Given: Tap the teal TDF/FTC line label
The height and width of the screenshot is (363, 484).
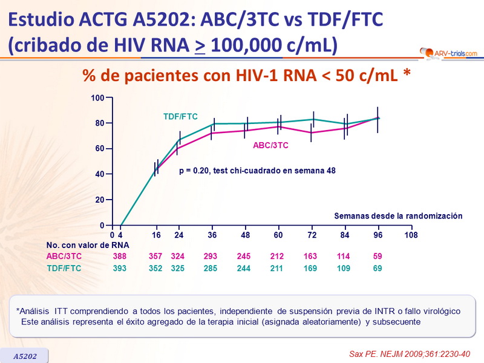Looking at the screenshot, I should point(180,117).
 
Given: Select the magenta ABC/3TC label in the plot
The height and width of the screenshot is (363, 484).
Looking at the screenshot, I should point(270,145).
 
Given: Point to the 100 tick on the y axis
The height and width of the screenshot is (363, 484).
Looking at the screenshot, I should point(97,97).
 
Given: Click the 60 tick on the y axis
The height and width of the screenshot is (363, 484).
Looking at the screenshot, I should point(99,148).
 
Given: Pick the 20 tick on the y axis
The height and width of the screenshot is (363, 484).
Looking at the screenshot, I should point(99,200).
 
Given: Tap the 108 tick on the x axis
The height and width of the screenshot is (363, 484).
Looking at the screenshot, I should point(411,234).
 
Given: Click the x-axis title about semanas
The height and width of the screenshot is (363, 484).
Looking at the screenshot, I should point(398,215).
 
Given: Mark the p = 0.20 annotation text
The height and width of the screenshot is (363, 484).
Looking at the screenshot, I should point(257,171).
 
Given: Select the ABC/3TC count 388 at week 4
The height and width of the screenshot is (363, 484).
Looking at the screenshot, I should point(120,257).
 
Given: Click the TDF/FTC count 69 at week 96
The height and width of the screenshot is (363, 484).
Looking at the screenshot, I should point(378,268).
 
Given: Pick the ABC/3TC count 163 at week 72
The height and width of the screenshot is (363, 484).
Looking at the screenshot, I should point(310,257).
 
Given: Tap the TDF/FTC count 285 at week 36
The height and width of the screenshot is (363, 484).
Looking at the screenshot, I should point(211,268).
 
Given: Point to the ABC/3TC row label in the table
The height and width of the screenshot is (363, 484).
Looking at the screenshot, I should point(64,257).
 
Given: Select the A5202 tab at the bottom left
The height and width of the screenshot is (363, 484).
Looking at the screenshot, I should point(25,356).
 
